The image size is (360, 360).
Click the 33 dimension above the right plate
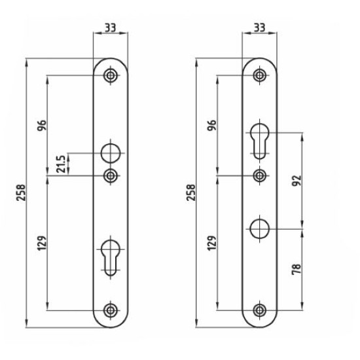pos(259,28)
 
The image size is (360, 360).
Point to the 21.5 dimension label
pos(61,164)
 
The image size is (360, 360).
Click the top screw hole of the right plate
pos(261,76)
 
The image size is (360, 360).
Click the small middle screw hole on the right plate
pos(261,175)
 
